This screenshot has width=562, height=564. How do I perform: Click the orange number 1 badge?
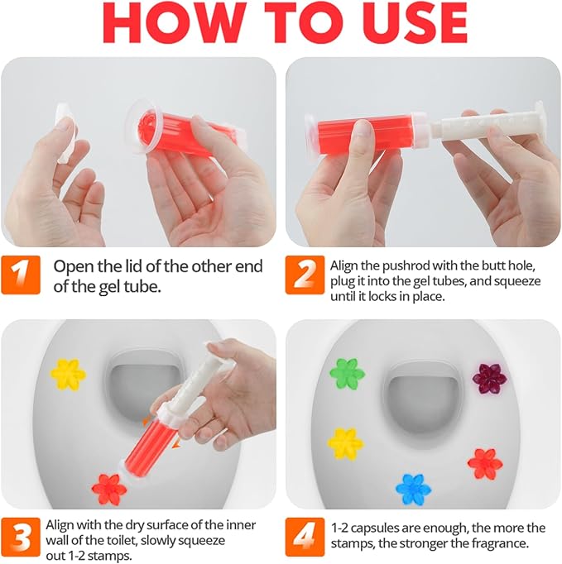coord(21,275)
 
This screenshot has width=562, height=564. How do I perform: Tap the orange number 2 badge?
coord(305,275)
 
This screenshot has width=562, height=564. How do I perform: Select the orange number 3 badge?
coord(21,537)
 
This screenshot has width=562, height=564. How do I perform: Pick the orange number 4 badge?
coord(305,537)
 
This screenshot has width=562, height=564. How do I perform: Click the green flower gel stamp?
coord(347,373)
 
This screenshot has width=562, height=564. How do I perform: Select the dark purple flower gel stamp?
coord(489,379)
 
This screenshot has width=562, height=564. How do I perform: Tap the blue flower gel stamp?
coord(413,490)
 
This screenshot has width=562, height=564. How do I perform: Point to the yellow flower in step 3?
coord(68,375)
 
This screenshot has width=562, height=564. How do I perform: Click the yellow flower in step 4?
coord(345,443)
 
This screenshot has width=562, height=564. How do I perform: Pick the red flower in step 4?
coord(485,464)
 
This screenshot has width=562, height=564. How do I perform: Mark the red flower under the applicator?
coord(108,490)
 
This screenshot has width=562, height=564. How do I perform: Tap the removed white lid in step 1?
coord(65,132)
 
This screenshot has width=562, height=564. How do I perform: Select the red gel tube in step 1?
coord(185,131)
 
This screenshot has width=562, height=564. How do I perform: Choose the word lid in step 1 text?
coord(131,266)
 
